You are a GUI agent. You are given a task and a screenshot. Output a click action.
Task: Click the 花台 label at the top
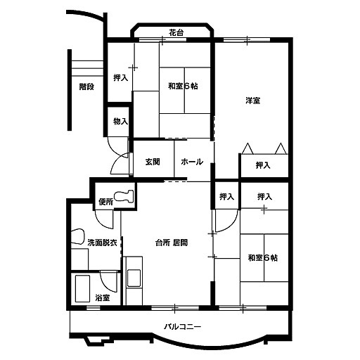point(176,32)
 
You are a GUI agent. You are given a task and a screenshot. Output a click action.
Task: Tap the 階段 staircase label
point(86,86)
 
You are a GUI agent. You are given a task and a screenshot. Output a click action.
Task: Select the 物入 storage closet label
point(120,121)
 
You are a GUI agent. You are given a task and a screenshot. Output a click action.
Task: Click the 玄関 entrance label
point(153,162)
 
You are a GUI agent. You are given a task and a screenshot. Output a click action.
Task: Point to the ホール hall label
point(192,162)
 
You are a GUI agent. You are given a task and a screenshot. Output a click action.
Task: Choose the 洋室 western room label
point(253,101)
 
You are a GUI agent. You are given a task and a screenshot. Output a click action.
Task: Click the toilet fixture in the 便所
point(124,196)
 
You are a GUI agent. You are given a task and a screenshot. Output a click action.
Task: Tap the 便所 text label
point(106,202)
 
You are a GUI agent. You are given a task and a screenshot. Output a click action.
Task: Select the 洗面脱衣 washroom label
point(103,243)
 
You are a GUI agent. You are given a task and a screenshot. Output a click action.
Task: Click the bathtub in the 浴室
point(82,288)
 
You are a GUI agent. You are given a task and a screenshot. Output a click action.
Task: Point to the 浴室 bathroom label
point(103,298)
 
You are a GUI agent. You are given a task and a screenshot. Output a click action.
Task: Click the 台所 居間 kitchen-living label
point(172,243)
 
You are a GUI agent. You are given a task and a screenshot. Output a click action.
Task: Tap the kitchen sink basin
point(134,278)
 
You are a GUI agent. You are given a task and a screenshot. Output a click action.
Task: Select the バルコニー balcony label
point(183,326)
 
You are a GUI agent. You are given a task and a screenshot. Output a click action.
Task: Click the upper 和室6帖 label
point(183,86)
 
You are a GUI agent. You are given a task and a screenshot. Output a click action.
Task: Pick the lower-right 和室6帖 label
point(263,258)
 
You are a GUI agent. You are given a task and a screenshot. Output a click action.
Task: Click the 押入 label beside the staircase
point(120,77)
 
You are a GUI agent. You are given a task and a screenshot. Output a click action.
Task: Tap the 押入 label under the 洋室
point(263,165)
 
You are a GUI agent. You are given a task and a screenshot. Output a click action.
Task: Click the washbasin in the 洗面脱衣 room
point(77,237)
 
